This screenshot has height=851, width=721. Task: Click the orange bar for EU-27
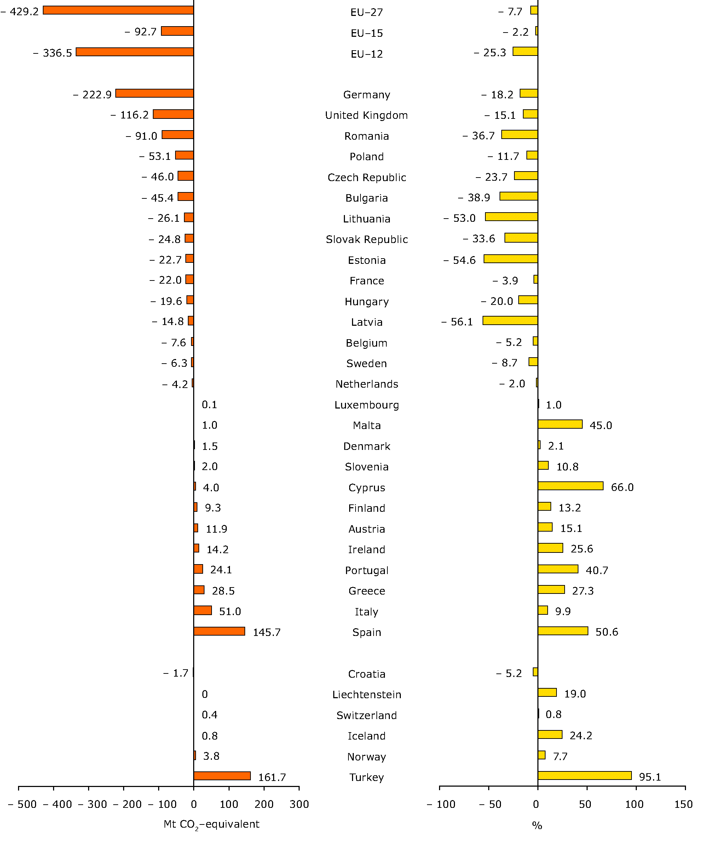click(x=118, y=10)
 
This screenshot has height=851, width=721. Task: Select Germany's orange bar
click(x=155, y=93)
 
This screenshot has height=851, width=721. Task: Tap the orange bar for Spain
click(x=219, y=631)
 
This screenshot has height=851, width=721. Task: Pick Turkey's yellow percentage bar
click(x=584, y=775)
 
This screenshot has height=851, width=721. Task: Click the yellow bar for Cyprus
click(x=571, y=486)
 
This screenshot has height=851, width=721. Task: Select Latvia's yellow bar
click(x=510, y=321)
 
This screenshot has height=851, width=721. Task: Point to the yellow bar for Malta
click(x=560, y=424)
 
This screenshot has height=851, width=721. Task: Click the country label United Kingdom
click(x=366, y=115)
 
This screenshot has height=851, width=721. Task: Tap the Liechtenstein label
click(x=367, y=695)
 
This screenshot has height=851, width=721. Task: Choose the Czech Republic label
click(x=367, y=177)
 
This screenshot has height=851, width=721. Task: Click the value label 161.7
click(x=272, y=777)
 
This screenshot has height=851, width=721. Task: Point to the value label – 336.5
click(x=53, y=53)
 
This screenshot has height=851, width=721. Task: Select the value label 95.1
click(x=650, y=777)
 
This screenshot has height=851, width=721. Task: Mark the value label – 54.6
click(x=460, y=260)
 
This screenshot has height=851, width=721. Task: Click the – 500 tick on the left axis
click(x=23, y=804)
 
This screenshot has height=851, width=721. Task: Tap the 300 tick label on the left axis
click(x=299, y=804)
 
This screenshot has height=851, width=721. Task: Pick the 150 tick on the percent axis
click(x=683, y=804)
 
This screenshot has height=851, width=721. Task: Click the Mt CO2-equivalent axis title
click(x=211, y=824)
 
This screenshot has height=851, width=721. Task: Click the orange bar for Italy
click(x=203, y=610)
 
